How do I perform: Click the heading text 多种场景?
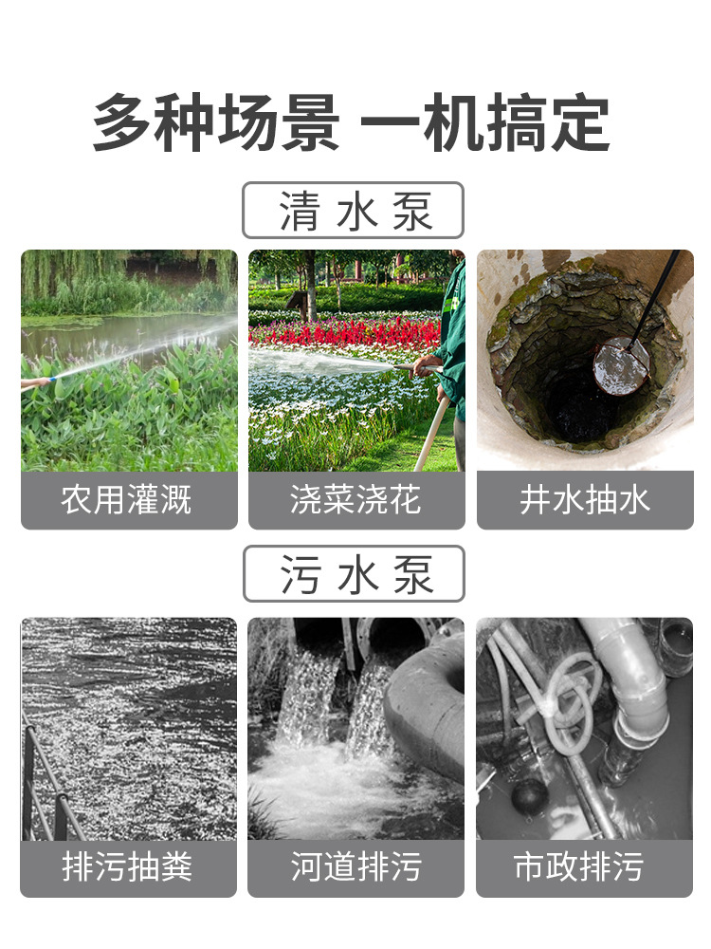coord(216,122)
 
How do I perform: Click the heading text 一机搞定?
coord(484,122)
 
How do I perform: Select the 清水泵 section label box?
coord(353,210)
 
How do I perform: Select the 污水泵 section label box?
coord(354,574)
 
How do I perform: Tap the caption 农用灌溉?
coord(126,500)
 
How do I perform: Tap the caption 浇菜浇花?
coord(355,500)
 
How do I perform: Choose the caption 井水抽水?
coord(585,500)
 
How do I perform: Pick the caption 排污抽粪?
coord(128,866)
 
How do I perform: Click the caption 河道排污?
coord(356,866)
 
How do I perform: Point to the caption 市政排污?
coord(578,866)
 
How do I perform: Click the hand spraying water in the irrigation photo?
coord(35,383)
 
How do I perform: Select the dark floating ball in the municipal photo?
coord(528,796)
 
